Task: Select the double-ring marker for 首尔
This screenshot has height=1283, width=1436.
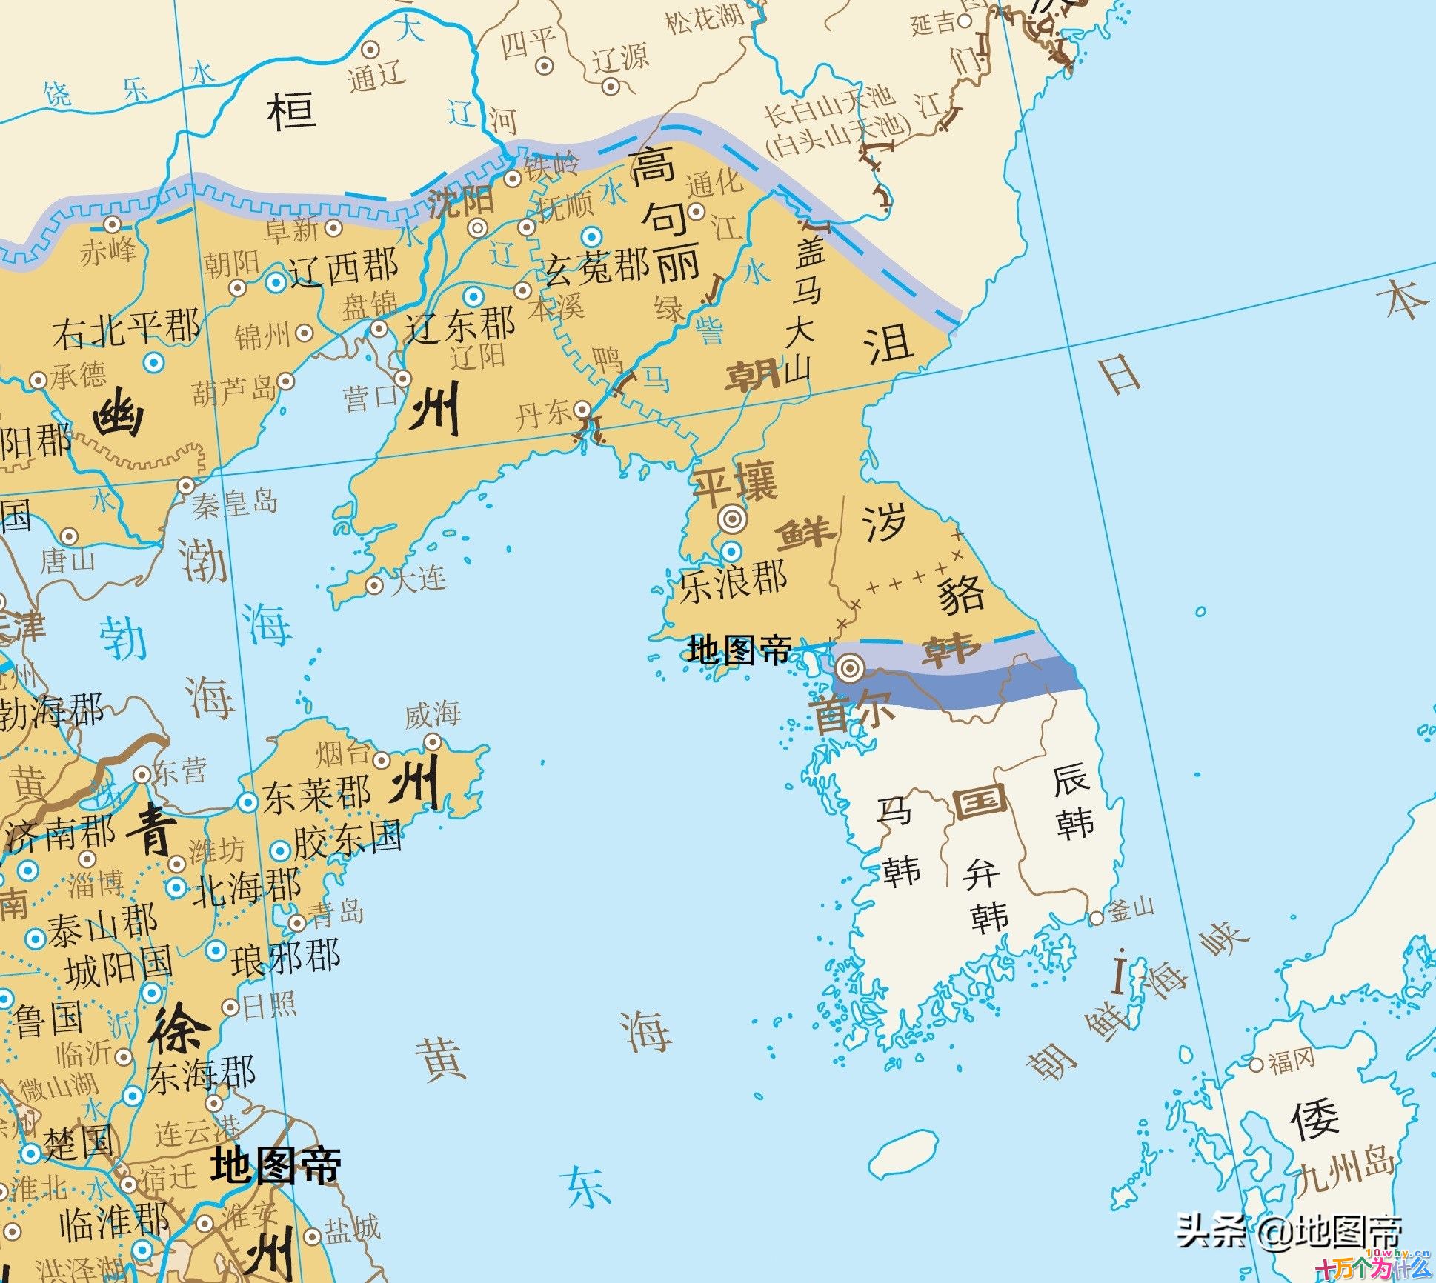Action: click(x=849, y=670)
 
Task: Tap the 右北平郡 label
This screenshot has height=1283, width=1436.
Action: click(x=126, y=329)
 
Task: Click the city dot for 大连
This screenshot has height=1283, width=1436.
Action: click(x=375, y=586)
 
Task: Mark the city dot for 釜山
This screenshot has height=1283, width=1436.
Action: click(x=1096, y=919)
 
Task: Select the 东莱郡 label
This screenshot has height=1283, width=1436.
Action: click(x=316, y=796)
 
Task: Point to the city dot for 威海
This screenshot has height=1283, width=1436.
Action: click(x=433, y=742)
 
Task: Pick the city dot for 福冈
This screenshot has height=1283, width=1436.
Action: click(x=1256, y=1065)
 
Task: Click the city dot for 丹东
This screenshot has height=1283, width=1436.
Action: click(x=583, y=409)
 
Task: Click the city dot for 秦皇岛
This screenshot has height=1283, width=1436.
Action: click(x=186, y=486)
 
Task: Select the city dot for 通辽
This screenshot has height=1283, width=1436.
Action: click(x=370, y=50)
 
